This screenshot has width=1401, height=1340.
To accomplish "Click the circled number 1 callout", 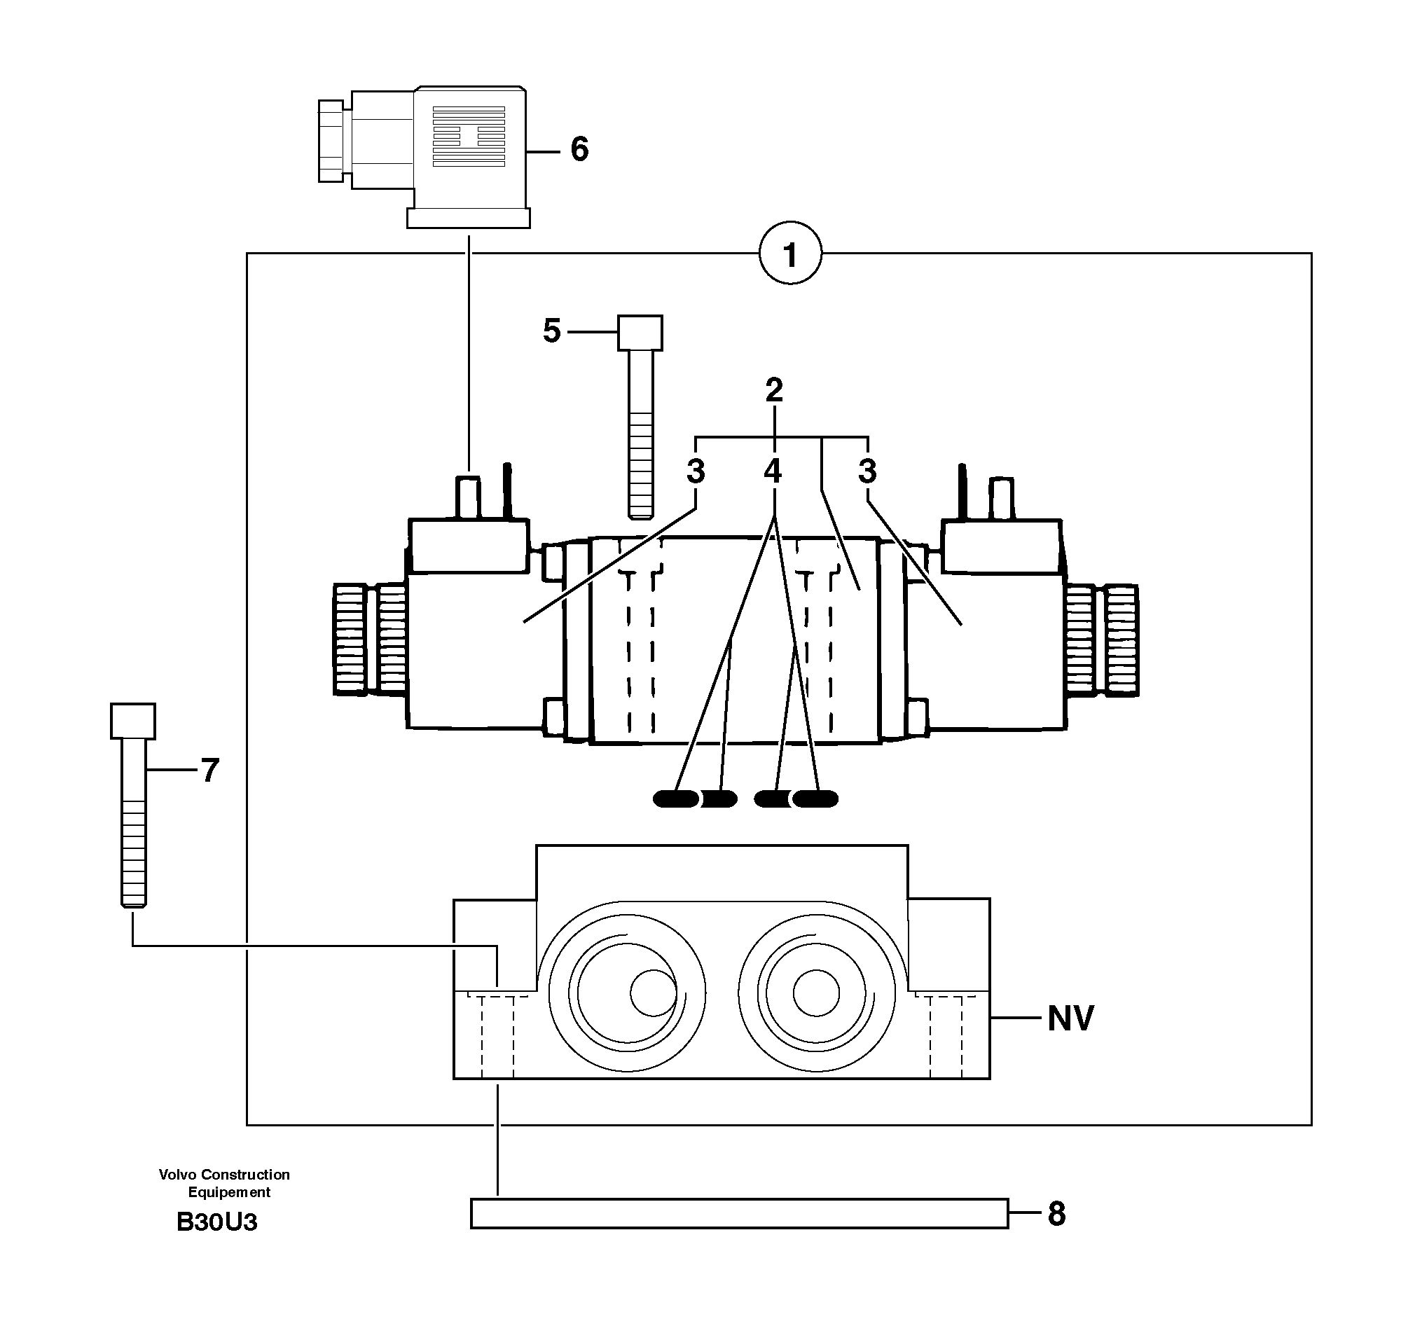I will (x=789, y=254).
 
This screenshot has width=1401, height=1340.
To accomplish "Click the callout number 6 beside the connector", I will (x=579, y=149).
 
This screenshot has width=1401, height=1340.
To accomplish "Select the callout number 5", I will (x=551, y=331).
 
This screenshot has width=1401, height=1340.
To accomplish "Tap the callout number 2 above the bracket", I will (x=774, y=390).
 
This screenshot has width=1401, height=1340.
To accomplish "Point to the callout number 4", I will (x=772, y=471).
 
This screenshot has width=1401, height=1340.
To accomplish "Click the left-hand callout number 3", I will (x=695, y=471).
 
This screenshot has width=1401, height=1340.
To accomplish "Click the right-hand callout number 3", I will (x=867, y=471).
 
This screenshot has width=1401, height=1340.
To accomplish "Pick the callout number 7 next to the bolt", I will (x=209, y=771).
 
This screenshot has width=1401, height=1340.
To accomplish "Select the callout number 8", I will (x=1056, y=1214).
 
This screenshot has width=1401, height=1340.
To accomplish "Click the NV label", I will (x=1070, y=1018).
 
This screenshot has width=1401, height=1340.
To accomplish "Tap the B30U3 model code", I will (x=216, y=1222).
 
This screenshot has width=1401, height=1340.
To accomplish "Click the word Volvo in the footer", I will (x=178, y=1174).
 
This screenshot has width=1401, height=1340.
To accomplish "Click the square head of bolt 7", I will (x=133, y=721).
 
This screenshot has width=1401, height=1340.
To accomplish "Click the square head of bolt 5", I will (x=640, y=333).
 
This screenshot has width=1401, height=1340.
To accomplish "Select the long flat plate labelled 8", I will (x=739, y=1214).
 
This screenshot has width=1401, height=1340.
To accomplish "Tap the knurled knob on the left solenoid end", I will (x=352, y=640).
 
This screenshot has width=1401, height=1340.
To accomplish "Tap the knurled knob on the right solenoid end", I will (x=1119, y=640).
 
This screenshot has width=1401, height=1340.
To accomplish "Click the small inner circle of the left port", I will (x=652, y=993).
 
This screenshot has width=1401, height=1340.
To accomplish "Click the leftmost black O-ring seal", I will (x=676, y=799).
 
